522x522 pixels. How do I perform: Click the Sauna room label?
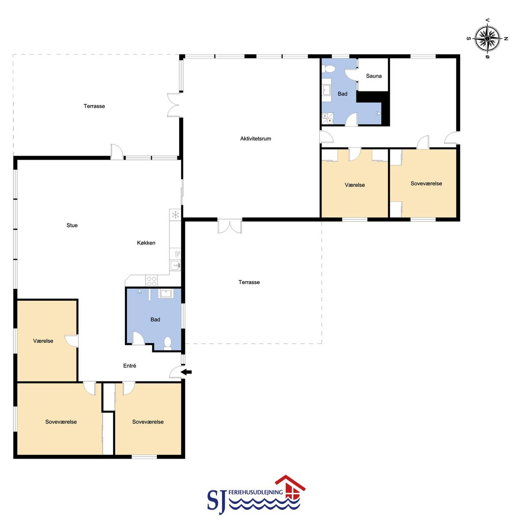tap(374, 76)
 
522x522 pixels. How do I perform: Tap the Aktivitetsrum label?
tap(256, 139)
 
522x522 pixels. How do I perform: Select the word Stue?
tap(72, 225)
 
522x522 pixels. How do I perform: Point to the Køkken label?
tap(146, 243)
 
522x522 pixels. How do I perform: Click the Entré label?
tap(129, 366)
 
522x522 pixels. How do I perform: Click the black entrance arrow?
tap(186, 372)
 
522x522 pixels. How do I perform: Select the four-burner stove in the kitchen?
tap(151, 281)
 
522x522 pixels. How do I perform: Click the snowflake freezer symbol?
tap(176, 215)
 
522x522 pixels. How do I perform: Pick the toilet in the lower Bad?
tap(168, 343)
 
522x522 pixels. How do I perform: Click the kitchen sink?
tap(175, 265)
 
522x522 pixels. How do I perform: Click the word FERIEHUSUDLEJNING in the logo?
tap(256, 492)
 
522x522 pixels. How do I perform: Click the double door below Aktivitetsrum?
tap(230, 227)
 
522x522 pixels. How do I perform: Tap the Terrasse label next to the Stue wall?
tap(94, 106)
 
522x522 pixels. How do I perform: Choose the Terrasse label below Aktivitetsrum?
tap(249, 282)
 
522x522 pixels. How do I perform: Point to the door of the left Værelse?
tap(71, 341)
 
